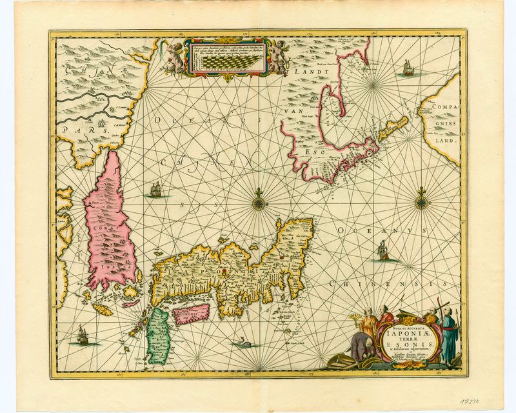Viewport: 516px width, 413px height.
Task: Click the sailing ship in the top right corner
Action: tap(407, 66)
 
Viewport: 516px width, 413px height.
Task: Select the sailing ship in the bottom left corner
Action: tap(81, 334)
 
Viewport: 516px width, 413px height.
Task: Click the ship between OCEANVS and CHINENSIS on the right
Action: tap(383, 250)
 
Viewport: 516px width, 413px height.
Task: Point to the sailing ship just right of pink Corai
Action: tap(155, 190)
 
